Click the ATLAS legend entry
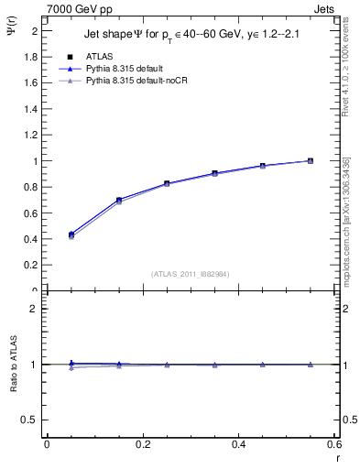(100, 57)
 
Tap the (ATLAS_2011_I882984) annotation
(191, 274)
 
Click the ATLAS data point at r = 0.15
(119, 200)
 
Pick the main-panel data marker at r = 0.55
(311, 160)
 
